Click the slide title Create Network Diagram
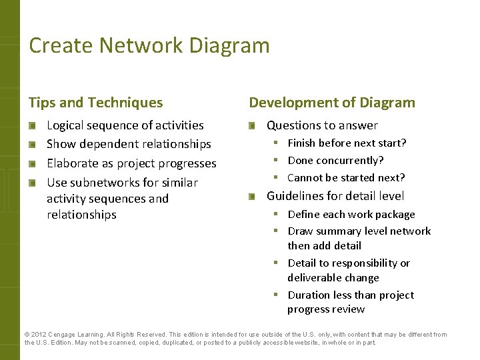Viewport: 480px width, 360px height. tap(149, 45)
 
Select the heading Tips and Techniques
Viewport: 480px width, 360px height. tap(95, 103)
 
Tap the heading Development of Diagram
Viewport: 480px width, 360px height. tap(331, 103)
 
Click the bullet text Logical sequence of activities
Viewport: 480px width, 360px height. tap(125, 125)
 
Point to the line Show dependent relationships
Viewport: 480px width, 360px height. tap(129, 144)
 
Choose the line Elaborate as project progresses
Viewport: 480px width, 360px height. tap(131, 163)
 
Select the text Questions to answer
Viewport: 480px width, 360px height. tap(322, 125)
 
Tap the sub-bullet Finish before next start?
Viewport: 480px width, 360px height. tap(347, 143)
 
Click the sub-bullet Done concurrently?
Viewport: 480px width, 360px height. tap(335, 160)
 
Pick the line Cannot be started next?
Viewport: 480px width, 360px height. tap(346, 177)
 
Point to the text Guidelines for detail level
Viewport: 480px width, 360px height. tap(335, 196)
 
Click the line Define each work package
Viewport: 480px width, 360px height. tap(351, 214)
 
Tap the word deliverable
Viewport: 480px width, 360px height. tap(313, 278)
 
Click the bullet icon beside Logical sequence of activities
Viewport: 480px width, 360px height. tap(33, 125)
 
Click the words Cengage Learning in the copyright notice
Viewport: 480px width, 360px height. tap(71, 335)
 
